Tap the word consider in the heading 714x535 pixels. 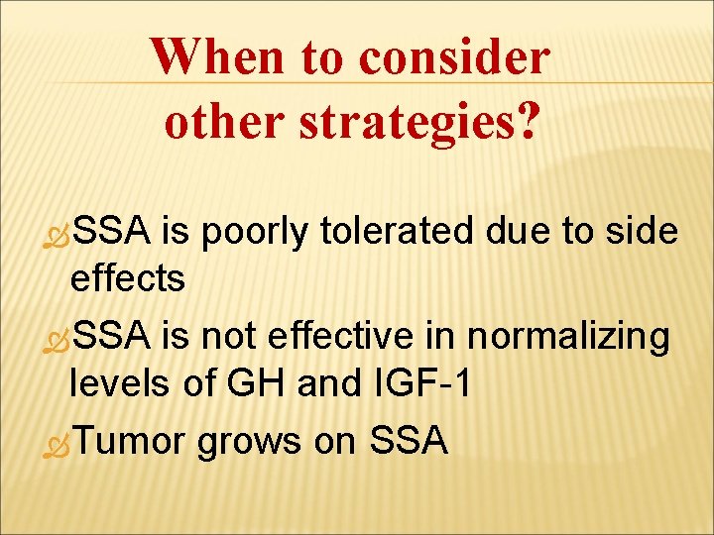(x=453, y=57)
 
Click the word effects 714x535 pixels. (x=127, y=279)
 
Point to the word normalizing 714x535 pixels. (x=569, y=338)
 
